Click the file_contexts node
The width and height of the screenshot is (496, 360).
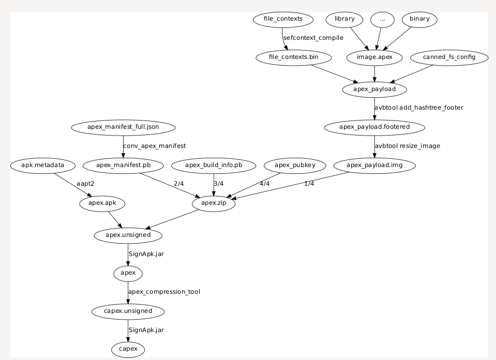(x=283, y=20)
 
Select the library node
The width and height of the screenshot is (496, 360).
(x=344, y=20)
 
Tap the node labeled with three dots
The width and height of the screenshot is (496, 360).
(x=382, y=20)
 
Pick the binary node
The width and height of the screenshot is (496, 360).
(x=419, y=20)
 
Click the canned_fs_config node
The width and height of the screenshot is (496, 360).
(x=449, y=57)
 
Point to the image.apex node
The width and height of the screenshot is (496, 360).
(x=374, y=57)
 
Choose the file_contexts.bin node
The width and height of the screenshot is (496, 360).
(x=294, y=57)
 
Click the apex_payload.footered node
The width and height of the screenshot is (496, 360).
(x=374, y=127)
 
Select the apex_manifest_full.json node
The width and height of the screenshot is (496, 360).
(x=123, y=127)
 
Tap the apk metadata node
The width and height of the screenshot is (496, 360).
(x=42, y=166)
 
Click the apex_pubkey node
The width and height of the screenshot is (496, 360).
(x=294, y=166)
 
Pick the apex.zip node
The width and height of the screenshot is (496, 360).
(x=214, y=204)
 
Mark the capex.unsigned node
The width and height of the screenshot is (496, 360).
(x=128, y=311)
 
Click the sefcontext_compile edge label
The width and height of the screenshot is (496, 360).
(x=313, y=38)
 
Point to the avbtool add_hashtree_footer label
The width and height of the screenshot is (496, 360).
(x=419, y=108)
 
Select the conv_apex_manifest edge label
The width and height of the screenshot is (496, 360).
(x=154, y=146)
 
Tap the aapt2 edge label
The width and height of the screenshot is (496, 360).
(x=85, y=184)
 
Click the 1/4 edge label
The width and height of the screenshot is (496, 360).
(x=309, y=184)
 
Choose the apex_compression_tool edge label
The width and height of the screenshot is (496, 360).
(x=164, y=292)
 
